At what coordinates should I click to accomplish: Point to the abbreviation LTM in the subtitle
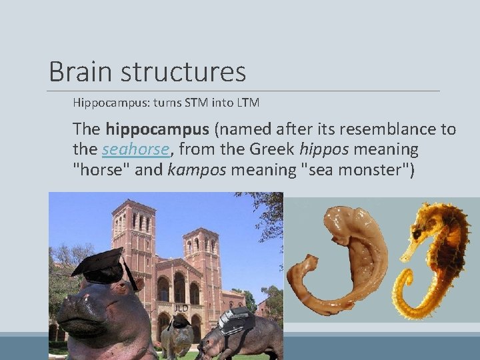(245, 103)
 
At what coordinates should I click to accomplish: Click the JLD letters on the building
(181, 308)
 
